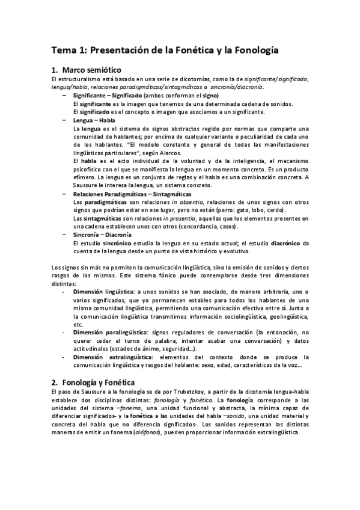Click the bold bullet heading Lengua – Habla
[90, 120]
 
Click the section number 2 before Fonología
[54, 382]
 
